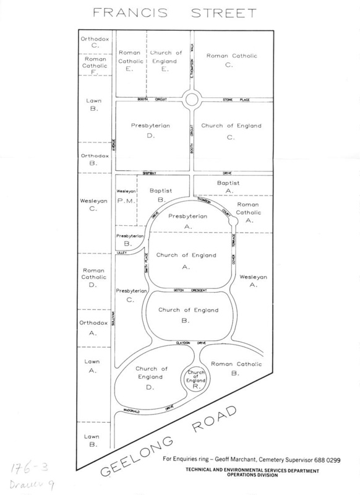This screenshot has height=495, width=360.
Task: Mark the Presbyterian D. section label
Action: [x=150, y=131]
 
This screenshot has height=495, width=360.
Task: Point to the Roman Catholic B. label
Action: [x=235, y=368]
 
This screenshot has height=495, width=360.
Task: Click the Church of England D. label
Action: [x=150, y=377]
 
